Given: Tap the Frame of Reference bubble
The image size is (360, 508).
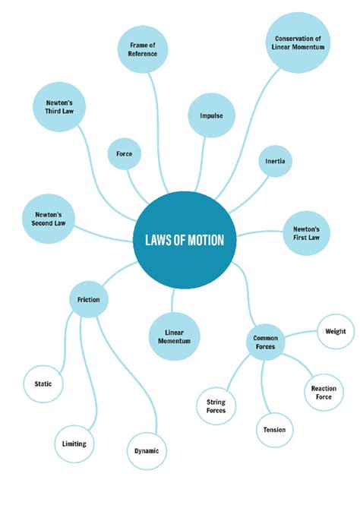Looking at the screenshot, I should click(x=143, y=50).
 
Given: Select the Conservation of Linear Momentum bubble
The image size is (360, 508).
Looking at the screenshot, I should click(x=298, y=42).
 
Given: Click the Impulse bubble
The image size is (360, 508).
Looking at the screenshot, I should click(x=211, y=115).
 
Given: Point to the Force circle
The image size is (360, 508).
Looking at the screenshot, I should click(x=124, y=154).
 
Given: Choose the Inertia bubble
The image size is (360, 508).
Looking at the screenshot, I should click(x=275, y=161).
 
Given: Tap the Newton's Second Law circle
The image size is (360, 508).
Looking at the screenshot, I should click(x=47, y=219).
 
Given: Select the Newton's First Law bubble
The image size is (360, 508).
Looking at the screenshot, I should click(x=306, y=232).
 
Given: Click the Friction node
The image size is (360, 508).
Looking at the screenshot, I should click(x=88, y=299).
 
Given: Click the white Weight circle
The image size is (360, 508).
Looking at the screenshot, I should click(x=335, y=332).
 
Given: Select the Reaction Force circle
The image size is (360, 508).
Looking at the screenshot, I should click(x=324, y=392).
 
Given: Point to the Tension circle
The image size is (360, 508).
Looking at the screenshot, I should click(x=274, y=430).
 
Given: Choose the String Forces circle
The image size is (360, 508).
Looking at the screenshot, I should click(x=216, y=407).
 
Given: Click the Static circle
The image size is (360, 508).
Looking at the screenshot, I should click(x=43, y=384).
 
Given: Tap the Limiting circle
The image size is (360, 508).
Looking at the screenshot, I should click(x=74, y=443).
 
